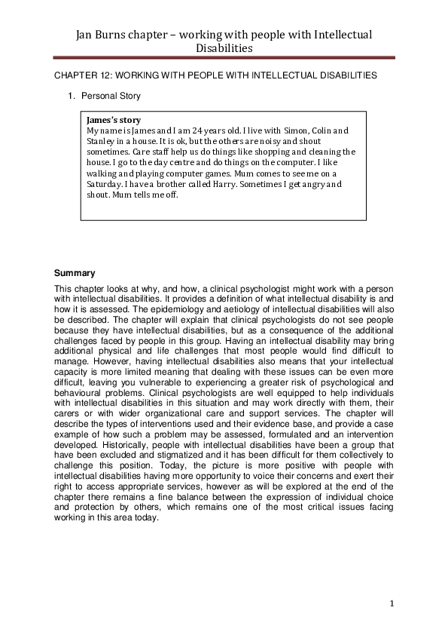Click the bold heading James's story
[x=114, y=120]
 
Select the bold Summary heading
[x=74, y=272]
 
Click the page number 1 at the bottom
[x=392, y=603]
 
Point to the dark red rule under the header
[x=224, y=57]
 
